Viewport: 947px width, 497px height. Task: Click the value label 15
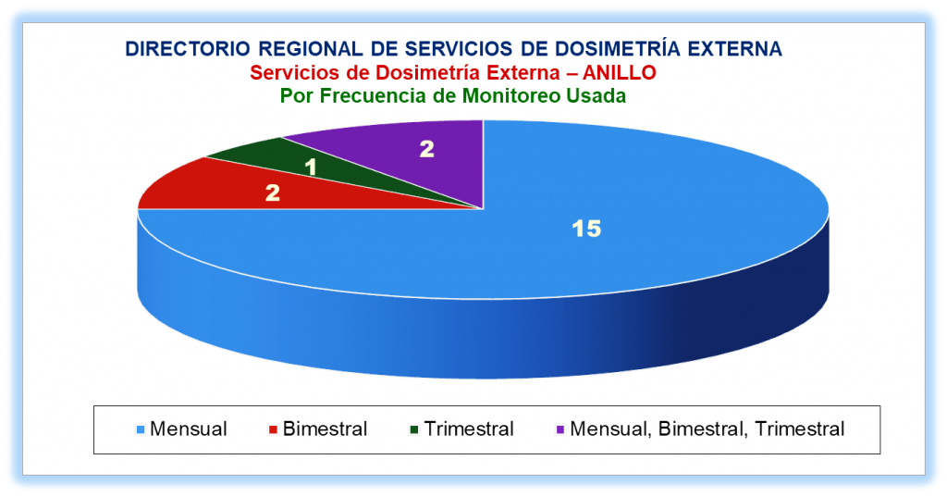(x=586, y=229)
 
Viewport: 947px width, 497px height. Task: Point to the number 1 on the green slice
(x=311, y=167)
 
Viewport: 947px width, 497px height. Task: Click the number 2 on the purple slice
(x=427, y=149)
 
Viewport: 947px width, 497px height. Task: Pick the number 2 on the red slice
(x=273, y=193)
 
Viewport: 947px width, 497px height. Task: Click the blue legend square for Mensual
(x=141, y=429)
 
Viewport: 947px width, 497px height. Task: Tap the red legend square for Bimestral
(x=273, y=429)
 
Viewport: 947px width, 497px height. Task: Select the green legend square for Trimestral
(x=414, y=429)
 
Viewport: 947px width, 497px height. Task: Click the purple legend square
(x=560, y=429)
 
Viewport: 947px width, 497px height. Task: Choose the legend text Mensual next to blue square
(x=189, y=429)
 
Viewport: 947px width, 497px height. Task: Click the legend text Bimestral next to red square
(x=325, y=429)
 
